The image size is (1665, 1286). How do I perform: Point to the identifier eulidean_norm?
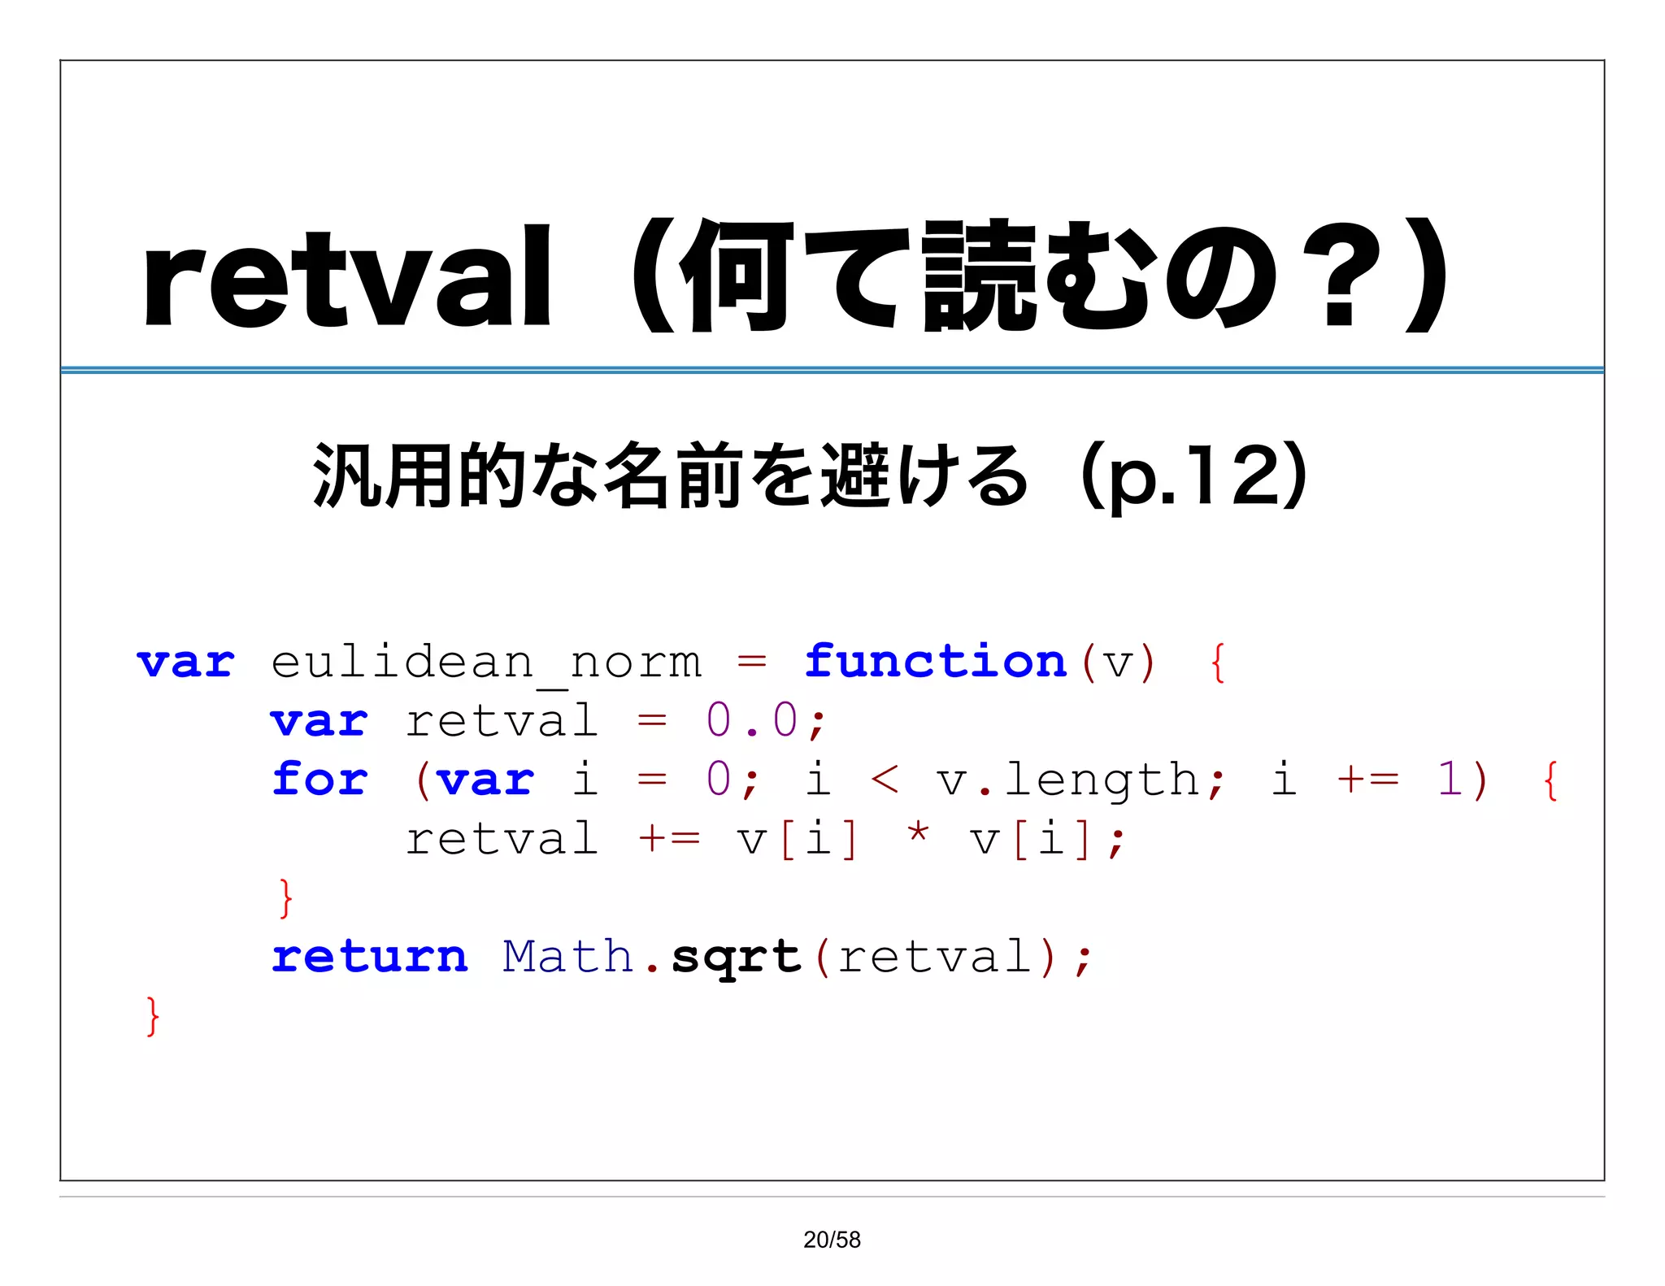485,663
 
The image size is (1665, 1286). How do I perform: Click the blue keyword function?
935,661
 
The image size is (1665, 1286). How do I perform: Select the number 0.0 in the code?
752,720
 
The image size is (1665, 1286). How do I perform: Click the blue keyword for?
320,779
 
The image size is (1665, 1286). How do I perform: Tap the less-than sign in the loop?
885,780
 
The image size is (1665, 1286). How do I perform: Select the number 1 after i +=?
1450,779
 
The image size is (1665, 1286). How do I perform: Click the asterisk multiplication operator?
918,835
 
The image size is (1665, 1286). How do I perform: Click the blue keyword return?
370,956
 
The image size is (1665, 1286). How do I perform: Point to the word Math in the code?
567,956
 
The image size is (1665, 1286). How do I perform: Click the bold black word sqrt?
737,958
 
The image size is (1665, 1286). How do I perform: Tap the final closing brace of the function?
152,1015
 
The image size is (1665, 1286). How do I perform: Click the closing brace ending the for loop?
285,897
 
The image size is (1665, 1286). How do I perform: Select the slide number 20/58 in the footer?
832,1240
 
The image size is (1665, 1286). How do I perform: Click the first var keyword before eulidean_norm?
185,663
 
